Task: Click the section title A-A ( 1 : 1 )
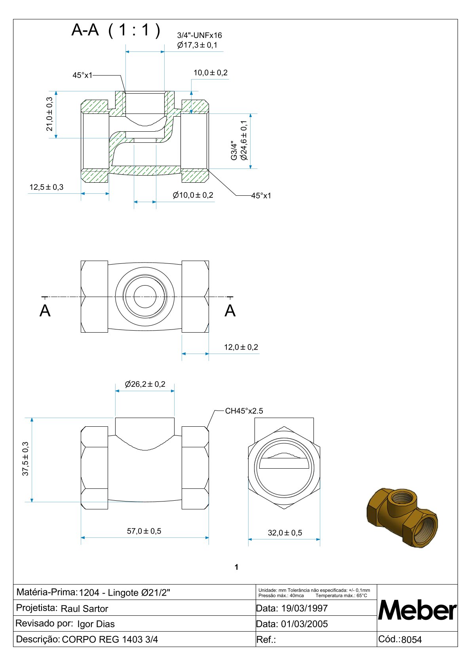pyautogui.click(x=116, y=30)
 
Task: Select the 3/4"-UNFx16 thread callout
pyautogui.click(x=199, y=36)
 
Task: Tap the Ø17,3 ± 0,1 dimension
pyautogui.click(x=197, y=45)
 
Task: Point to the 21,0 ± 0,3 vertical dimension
pyautogui.click(x=49, y=114)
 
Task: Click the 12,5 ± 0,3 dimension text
pyautogui.click(x=46, y=187)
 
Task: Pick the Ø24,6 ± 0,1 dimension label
pyautogui.click(x=244, y=140)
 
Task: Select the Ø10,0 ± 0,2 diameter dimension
pyautogui.click(x=193, y=195)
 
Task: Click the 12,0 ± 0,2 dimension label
pyautogui.click(x=241, y=347)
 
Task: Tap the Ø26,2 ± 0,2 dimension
pyautogui.click(x=145, y=384)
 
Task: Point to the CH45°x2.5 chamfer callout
pyautogui.click(x=244, y=411)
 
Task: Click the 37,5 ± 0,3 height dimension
pyautogui.click(x=26, y=459)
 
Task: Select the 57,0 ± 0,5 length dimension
pyautogui.click(x=144, y=531)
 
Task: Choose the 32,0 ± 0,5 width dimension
pyautogui.click(x=285, y=533)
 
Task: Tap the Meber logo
pyautogui.click(x=417, y=610)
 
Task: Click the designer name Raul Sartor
pyautogui.click(x=84, y=609)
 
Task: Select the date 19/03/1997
pyautogui.click(x=304, y=608)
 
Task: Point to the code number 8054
pyautogui.click(x=412, y=640)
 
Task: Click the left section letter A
pyautogui.click(x=45, y=311)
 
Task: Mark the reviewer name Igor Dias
pyautogui.click(x=96, y=624)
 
